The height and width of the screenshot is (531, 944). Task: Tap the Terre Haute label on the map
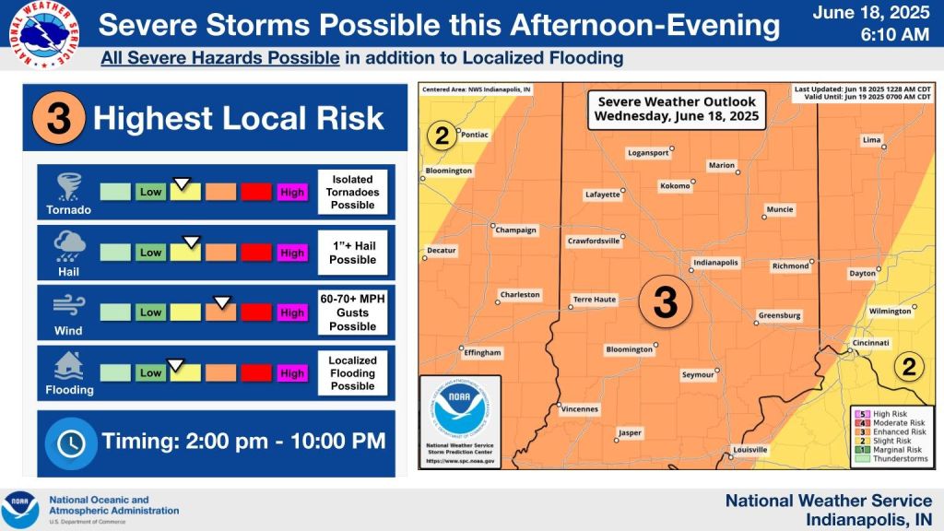[x=595, y=300]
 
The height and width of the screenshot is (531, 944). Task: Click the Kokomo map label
[x=675, y=186]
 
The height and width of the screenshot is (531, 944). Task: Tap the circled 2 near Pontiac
[x=442, y=137]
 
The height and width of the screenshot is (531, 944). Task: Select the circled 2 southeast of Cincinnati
[x=908, y=368]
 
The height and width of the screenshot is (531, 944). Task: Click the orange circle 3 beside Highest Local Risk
[x=58, y=119]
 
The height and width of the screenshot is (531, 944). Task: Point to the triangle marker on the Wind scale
[x=221, y=301]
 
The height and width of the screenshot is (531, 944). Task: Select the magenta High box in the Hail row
[x=292, y=253]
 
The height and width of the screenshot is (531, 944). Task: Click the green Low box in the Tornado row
[x=150, y=192]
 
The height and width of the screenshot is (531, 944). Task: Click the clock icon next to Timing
[x=70, y=442]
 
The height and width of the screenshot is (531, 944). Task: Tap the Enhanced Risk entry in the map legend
[x=898, y=431]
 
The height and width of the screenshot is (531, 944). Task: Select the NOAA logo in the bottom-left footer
[x=20, y=509]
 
